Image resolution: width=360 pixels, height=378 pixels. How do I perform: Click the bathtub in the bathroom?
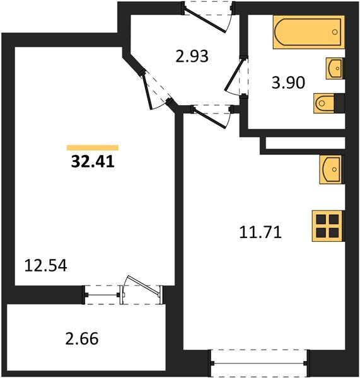coord(308,33)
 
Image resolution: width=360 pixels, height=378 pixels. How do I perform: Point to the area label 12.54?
coord(46,263)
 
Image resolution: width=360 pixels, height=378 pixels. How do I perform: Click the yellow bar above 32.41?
coord(92,148)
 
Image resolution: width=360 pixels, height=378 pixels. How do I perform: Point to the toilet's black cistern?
coord(340,101)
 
